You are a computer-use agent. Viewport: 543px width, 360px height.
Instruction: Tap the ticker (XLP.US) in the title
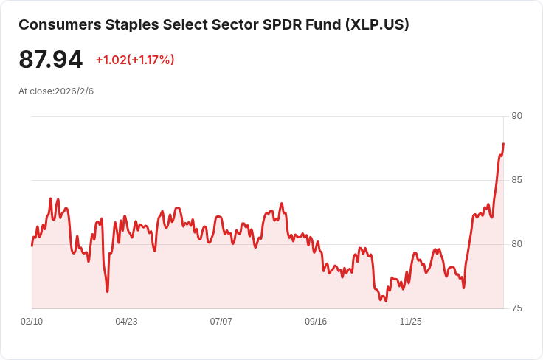[x=376, y=24]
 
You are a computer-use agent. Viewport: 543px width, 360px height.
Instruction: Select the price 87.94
[x=51, y=60]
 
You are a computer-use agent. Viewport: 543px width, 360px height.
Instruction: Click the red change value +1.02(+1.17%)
[x=135, y=60]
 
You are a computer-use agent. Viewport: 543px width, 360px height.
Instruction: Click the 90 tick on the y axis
[x=516, y=116]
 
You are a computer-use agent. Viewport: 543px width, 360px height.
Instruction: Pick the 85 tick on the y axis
[x=516, y=180]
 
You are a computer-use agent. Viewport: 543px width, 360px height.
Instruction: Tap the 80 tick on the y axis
[x=516, y=244]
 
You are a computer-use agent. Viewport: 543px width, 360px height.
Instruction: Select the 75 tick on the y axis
[x=516, y=308]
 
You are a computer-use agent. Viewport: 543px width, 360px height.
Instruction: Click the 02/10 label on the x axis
[x=32, y=322]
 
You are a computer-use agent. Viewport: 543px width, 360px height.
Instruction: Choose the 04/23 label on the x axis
[x=126, y=322]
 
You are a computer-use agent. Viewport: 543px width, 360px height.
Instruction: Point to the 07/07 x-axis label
[x=221, y=322]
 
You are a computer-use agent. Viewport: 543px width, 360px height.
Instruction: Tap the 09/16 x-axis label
[x=316, y=322]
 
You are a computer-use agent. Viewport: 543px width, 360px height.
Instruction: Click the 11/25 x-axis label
[x=411, y=322]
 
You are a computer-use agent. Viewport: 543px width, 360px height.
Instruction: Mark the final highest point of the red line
[x=503, y=144]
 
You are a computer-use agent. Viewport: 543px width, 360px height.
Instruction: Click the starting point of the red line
[x=32, y=245]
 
